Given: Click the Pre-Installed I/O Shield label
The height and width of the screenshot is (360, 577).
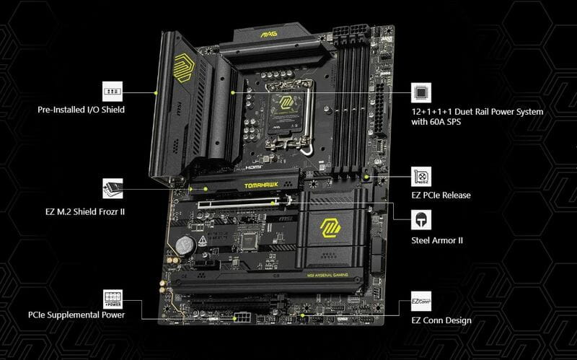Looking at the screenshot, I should (82, 110).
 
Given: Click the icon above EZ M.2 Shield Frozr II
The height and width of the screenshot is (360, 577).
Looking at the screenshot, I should (112, 188).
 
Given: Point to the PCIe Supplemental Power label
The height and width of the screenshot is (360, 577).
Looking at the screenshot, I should (76, 315).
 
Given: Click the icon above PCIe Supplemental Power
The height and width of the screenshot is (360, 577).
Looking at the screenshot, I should (112, 297).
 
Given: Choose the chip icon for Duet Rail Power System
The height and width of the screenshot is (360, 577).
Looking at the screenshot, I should (421, 92).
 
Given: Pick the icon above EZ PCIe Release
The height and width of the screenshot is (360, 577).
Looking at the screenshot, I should (421, 177).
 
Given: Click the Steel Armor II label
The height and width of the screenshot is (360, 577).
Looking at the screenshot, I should (436, 239).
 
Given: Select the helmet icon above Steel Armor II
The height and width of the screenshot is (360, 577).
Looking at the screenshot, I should (421, 219).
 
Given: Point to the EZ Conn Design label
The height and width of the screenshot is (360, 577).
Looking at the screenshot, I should (441, 320).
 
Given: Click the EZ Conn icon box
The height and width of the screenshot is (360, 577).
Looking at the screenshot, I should (421, 301).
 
